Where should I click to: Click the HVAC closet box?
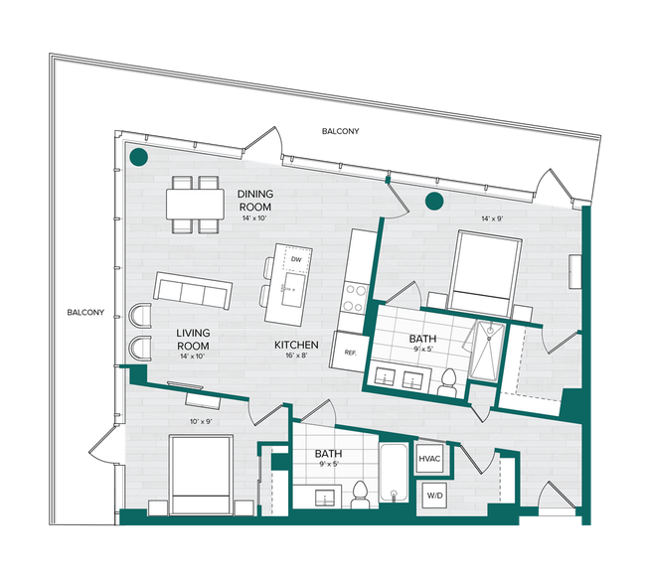(429, 459)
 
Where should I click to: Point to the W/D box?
(434, 495)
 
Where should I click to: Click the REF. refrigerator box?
(351, 352)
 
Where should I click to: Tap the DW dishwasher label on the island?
(295, 261)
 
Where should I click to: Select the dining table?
(194, 204)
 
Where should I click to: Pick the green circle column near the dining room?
(140, 157)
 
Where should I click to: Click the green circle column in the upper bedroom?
(433, 203)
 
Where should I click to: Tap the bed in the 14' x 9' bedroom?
(483, 272)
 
